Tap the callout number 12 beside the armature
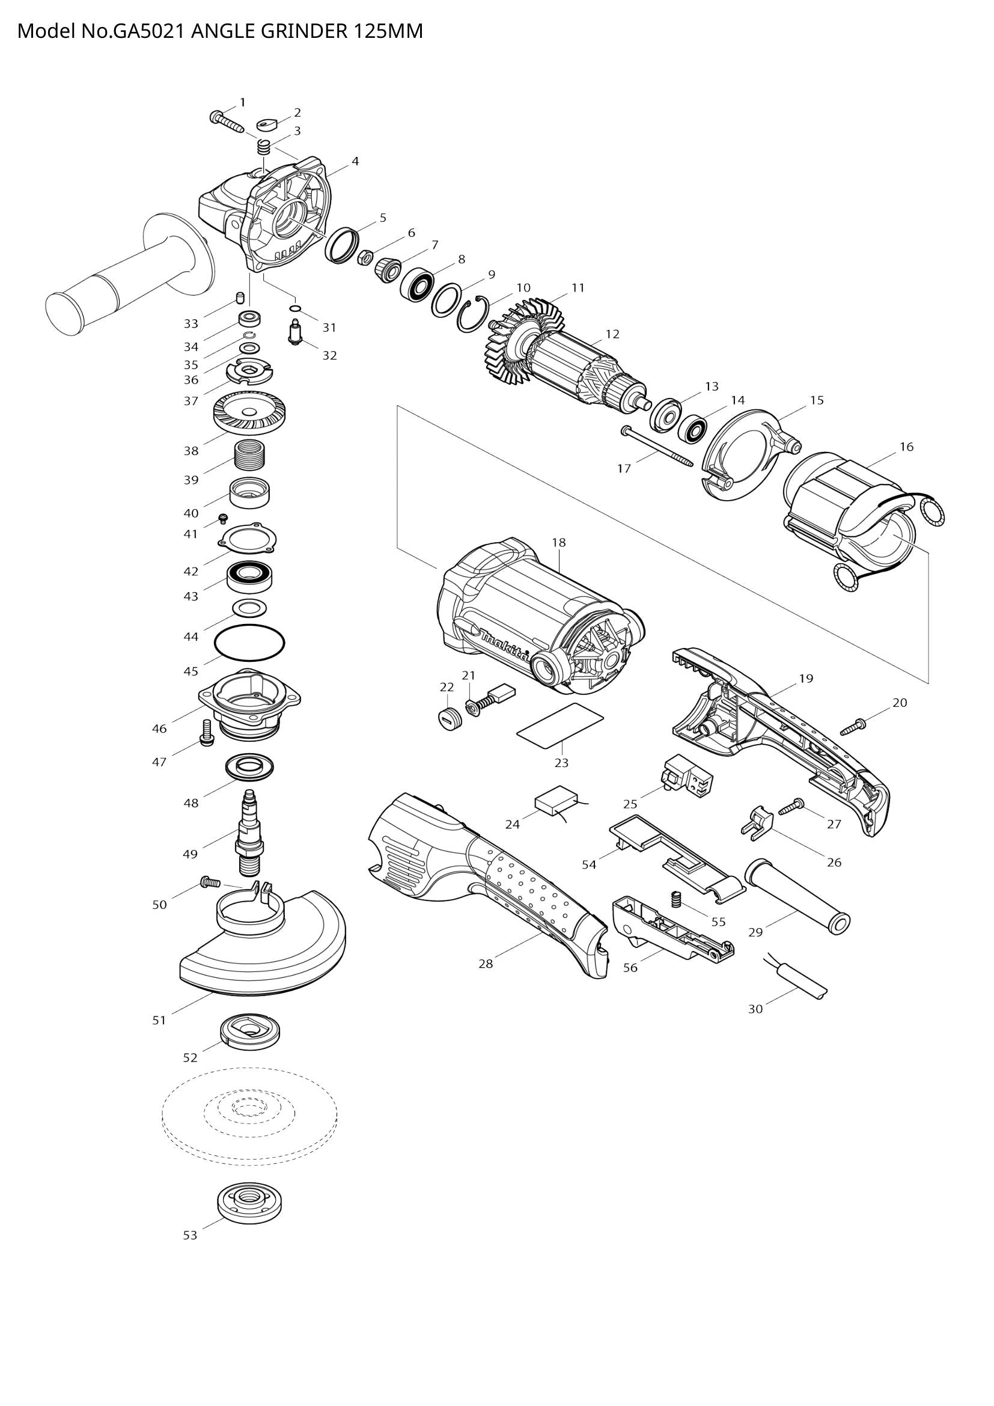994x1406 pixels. click(x=612, y=334)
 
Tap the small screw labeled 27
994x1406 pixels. click(x=791, y=807)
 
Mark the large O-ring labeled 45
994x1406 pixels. click(x=250, y=643)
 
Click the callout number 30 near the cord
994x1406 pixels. click(x=755, y=1009)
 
